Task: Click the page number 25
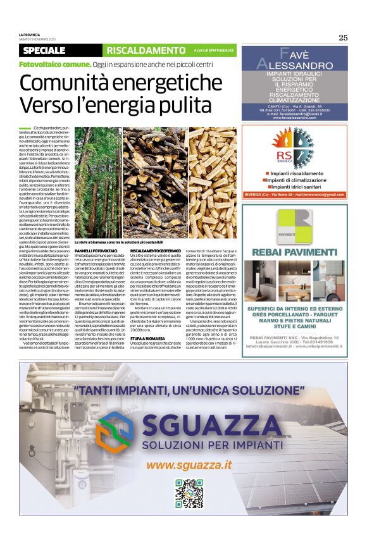coord(342,37)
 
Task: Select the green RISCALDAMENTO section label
coord(145,50)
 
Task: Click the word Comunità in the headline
coord(66,83)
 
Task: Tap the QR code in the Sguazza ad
coord(189,493)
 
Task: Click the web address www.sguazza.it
coord(189,465)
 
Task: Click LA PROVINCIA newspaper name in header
coord(30,35)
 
